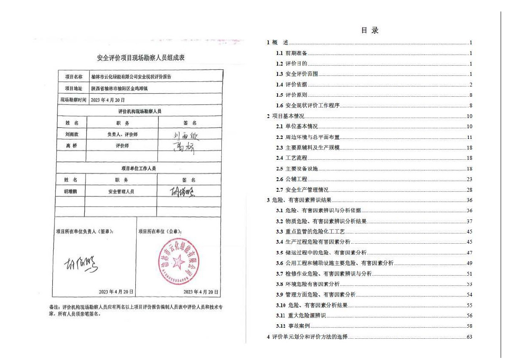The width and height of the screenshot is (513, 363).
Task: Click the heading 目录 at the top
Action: [x=369, y=30]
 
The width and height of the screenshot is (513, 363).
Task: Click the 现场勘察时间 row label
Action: [x=73, y=100]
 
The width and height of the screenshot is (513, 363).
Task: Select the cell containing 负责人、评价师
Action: [x=122, y=135]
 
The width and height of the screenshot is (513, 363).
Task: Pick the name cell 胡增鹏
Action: [x=72, y=192]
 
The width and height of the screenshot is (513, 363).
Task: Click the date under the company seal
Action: [x=201, y=292]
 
